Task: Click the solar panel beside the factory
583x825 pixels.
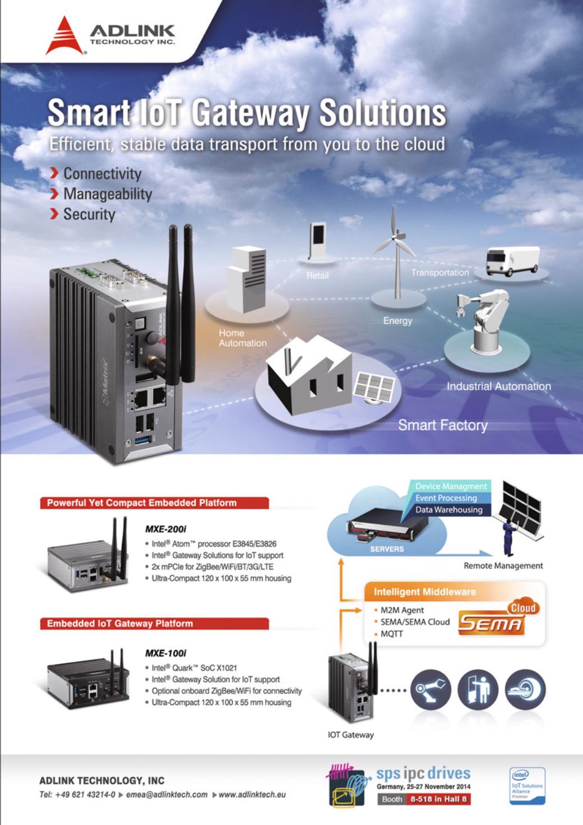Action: [374, 387]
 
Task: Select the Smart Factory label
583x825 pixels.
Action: [442, 425]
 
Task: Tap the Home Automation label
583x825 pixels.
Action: [242, 338]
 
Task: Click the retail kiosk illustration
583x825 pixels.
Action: [317, 242]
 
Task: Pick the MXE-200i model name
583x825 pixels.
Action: [165, 529]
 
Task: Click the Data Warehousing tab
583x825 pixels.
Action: [448, 510]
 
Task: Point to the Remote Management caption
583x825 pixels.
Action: [503, 566]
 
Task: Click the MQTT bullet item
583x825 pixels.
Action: [391, 634]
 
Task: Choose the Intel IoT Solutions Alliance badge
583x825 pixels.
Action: [526, 786]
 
